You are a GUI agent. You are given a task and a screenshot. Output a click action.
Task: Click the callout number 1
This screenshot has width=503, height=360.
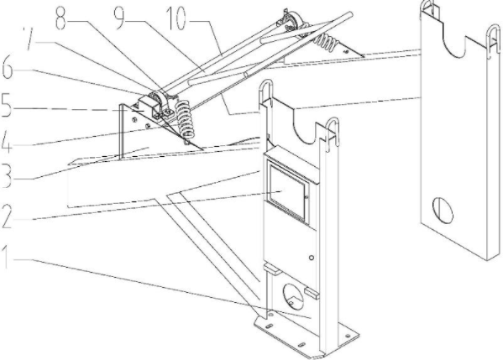[x=6, y=257]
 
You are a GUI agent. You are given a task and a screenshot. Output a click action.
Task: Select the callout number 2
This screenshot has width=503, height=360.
[x=7, y=217]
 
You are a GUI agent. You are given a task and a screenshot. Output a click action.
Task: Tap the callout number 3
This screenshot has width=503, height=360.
[x=7, y=176]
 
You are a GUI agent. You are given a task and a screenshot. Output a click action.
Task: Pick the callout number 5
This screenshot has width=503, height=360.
[x=7, y=106]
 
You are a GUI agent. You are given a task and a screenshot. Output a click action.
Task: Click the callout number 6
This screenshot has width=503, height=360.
[x=7, y=69]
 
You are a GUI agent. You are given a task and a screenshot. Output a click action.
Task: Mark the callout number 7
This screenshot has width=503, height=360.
[x=29, y=39]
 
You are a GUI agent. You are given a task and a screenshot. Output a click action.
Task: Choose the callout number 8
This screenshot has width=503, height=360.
[x=61, y=18]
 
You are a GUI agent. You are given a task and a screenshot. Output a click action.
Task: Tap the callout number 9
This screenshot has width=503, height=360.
[x=119, y=18]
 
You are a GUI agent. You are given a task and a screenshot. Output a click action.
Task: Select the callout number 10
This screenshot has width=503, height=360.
[x=176, y=18]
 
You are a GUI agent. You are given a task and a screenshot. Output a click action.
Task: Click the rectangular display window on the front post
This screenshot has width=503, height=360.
[x=287, y=192]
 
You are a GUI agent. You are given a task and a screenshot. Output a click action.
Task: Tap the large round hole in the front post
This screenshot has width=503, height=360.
[x=293, y=296]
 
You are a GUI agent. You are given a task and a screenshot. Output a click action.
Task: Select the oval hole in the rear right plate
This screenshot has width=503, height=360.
[x=443, y=210]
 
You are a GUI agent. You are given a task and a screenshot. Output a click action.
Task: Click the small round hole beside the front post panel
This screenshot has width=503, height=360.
[x=312, y=258]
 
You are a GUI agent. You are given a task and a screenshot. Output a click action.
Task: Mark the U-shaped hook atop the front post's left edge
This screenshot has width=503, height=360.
[x=265, y=91]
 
